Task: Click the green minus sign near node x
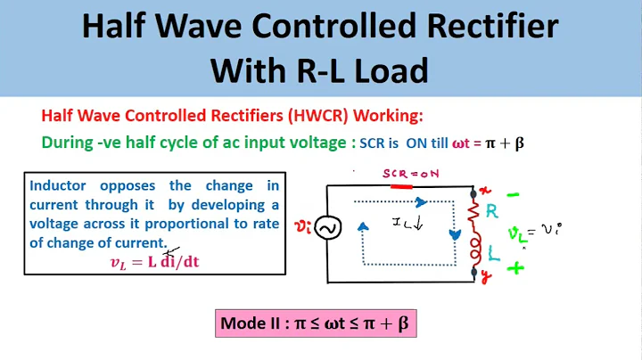pyautogui.click(x=514, y=192)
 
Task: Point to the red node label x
pyautogui.click(x=485, y=190)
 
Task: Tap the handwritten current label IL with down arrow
pyautogui.click(x=409, y=222)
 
